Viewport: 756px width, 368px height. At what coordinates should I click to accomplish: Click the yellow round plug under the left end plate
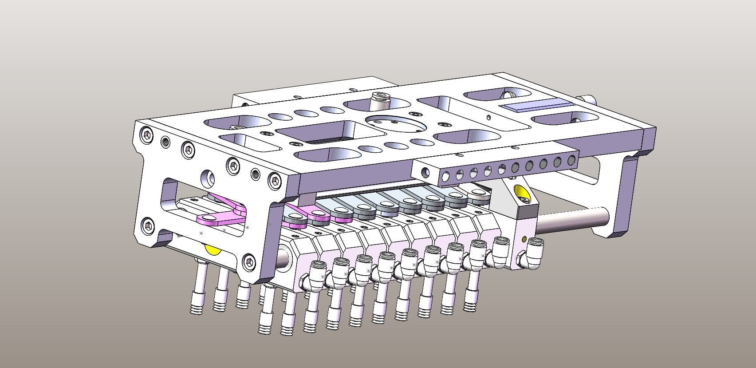(213, 249)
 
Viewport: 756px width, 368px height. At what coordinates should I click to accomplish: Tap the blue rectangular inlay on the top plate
(536, 107)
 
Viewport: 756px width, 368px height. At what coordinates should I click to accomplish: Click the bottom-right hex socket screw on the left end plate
(250, 262)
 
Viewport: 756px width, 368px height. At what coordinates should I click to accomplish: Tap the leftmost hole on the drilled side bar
(426, 172)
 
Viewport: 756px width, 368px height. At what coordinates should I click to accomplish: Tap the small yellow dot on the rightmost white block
(524, 240)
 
